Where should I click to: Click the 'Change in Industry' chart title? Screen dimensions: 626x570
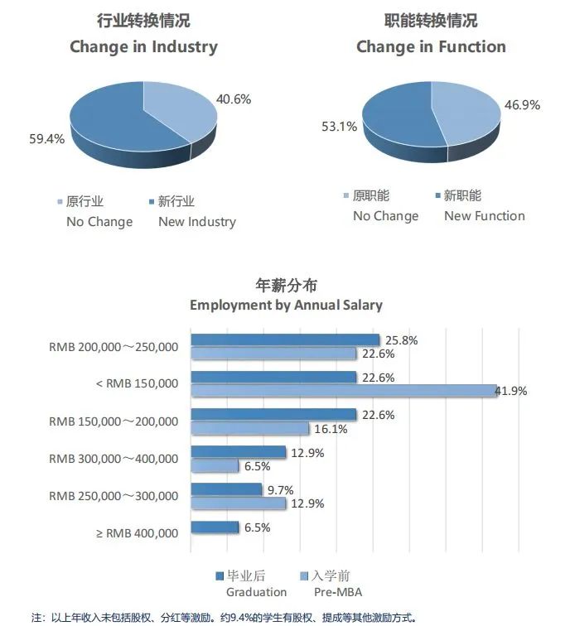click(143, 46)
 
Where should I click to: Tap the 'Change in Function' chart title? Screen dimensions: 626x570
click(431, 46)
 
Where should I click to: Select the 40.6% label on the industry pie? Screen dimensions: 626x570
click(234, 99)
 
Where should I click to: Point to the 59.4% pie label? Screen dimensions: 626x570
click(46, 139)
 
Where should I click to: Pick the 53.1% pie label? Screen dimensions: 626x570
click(340, 127)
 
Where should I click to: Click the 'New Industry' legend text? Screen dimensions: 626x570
click(197, 222)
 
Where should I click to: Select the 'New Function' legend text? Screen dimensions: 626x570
click(485, 216)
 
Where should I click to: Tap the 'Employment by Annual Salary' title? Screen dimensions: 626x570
click(286, 305)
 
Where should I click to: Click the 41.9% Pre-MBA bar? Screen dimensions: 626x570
click(344, 391)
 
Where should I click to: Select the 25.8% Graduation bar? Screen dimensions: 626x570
click(285, 340)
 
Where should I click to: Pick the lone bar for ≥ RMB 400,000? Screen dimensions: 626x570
click(215, 527)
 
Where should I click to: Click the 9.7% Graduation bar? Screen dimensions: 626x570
click(226, 489)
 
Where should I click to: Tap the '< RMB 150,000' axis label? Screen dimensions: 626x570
click(138, 383)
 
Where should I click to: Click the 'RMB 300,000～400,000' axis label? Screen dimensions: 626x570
click(114, 459)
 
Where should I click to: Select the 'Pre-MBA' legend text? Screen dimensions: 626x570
click(337, 592)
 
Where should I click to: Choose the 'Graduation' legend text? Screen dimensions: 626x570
click(256, 592)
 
